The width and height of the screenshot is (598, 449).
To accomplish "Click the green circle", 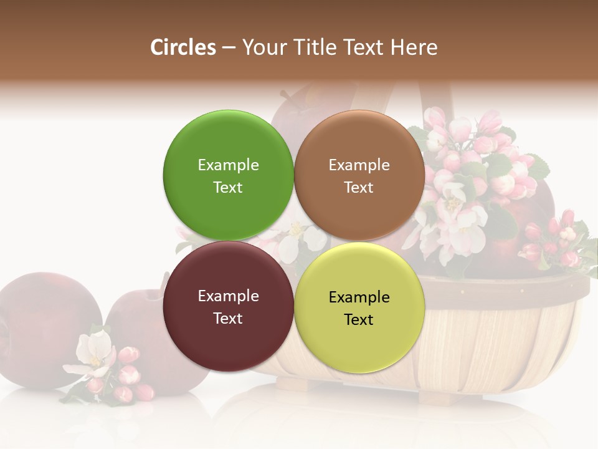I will point(228,175).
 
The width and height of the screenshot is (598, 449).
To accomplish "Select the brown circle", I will point(359,175).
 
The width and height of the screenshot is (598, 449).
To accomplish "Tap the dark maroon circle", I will point(228,306).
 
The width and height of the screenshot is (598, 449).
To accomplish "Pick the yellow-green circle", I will point(359,307).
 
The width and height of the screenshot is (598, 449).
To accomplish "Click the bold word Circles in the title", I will point(183,47).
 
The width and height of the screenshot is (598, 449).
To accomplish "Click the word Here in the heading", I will point(415,47).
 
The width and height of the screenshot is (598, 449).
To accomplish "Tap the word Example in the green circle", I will point(228,165).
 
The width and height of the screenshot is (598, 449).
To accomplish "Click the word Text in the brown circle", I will point(359,187).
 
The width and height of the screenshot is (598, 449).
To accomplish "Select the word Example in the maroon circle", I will point(228,296).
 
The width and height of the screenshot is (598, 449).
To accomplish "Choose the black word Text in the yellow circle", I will point(359,319).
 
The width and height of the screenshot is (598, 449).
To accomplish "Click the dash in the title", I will point(229,48).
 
